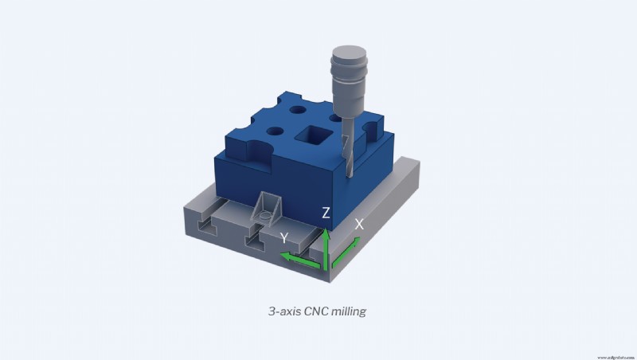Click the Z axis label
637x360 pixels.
click(326, 213)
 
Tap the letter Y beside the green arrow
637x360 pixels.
click(283, 237)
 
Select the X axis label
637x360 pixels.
click(359, 225)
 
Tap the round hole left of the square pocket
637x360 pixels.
click(275, 131)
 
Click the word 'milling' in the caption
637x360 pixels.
click(347, 312)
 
